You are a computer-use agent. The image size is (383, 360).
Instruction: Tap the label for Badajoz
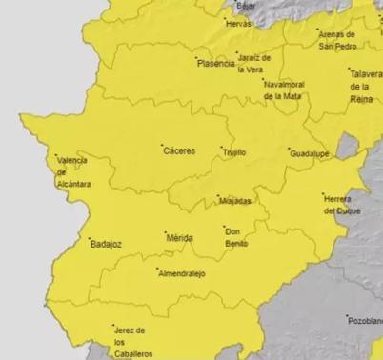point(105,244)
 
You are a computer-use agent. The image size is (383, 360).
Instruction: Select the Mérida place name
point(179,238)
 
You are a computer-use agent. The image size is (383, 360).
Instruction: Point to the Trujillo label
point(233,151)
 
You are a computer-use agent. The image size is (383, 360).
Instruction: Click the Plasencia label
point(214,64)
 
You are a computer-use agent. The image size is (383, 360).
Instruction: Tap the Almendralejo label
point(182,273)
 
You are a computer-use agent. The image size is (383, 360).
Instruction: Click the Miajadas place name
point(234,202)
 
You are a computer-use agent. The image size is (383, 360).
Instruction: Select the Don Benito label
point(236,236)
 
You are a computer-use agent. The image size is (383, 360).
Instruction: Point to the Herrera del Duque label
point(344,204)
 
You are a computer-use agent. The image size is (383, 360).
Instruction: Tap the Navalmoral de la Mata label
point(288,90)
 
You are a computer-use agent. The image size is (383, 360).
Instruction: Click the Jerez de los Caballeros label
point(129,341)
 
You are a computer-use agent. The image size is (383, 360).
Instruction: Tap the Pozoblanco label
point(365,321)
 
